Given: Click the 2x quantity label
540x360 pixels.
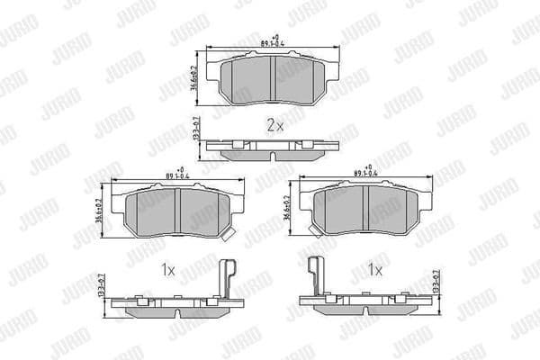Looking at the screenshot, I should (x=274, y=126).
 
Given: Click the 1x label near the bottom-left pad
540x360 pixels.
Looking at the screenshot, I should (x=167, y=269).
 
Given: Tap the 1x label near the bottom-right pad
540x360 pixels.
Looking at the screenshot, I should (x=374, y=269).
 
